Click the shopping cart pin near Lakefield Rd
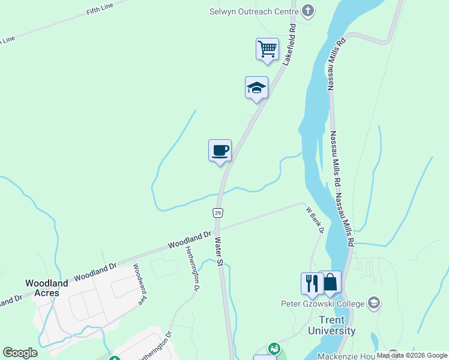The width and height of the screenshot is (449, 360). coord(267,49)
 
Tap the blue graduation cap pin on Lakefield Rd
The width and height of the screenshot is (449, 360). coord(256,88)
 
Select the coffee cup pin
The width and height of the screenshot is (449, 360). coord(220,150)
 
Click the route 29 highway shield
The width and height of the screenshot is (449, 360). coord(217,213)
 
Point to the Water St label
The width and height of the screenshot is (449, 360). coord(219,252)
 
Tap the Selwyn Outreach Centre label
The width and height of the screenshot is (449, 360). coord(253,11)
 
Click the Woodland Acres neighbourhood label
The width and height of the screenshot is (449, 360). coord(42,287)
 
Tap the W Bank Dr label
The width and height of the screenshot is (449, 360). coord(315,220)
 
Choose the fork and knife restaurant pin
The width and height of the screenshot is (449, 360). coord(312,283)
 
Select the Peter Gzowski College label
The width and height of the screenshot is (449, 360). coord(323,303)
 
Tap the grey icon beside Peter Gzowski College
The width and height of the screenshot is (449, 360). coord(374,302)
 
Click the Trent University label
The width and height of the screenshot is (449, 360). coord(332,325)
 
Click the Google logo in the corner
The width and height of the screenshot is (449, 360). coord(20,353)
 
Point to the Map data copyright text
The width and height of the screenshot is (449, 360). coord(412,356)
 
